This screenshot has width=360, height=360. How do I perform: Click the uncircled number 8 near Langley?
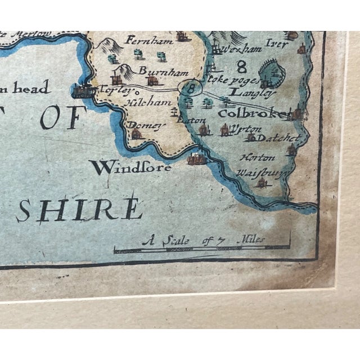pyautogui.click(x=242, y=68)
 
